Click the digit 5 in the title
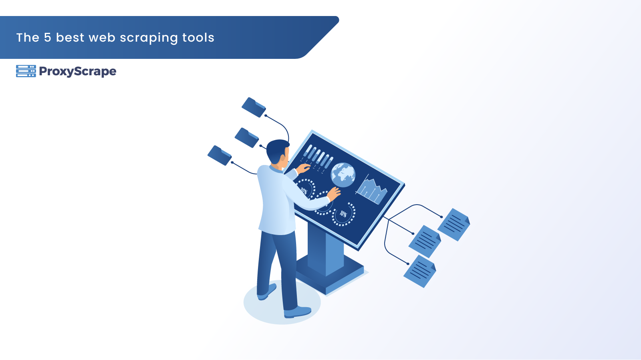(x=47, y=38)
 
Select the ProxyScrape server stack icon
(x=26, y=71)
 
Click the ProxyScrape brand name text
(x=78, y=72)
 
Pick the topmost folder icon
(x=254, y=107)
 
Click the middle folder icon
(x=247, y=137)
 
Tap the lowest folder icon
(x=220, y=155)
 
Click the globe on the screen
(x=343, y=175)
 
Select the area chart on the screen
(x=371, y=190)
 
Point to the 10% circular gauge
(x=343, y=214)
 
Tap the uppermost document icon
(x=454, y=225)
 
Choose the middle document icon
(x=425, y=241)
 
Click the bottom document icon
(x=420, y=271)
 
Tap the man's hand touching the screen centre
(x=334, y=194)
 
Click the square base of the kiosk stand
(x=329, y=274)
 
